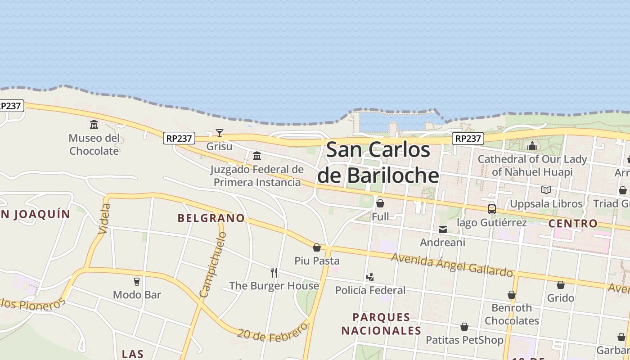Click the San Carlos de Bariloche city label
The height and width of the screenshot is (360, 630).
coord(378,162)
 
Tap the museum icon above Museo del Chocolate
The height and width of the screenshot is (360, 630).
coord(94,124)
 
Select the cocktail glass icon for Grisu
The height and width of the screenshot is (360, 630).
coord(220,133)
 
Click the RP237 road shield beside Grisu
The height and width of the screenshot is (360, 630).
coord(179,139)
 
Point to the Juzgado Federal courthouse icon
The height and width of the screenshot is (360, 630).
coord(257,156)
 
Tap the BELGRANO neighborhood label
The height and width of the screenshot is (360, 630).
coord(211,218)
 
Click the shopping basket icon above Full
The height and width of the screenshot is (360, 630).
coord(380,203)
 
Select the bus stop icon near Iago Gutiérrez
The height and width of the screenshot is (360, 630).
coord(492,209)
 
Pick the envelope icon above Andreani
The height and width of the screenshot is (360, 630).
coord(443,229)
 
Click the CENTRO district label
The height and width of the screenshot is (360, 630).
coord(573,224)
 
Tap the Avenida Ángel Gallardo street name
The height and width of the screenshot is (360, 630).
coord(452,264)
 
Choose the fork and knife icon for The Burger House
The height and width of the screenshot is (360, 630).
coord(274,272)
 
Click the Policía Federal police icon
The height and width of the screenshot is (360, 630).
coord(370,277)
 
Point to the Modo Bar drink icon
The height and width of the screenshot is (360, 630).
coord(137,282)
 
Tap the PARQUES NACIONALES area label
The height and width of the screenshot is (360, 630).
coord(381,324)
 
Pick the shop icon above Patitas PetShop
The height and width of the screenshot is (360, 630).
coord(464,327)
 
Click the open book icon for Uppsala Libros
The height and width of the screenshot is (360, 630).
coord(546,190)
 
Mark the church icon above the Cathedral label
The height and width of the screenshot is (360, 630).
coord(532,146)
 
